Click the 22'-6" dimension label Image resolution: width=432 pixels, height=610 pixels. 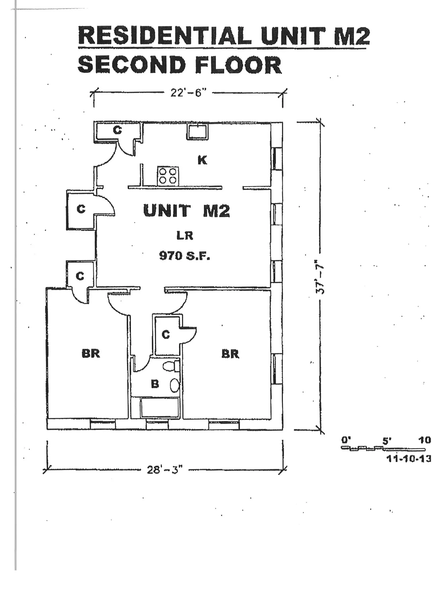click(x=188, y=93)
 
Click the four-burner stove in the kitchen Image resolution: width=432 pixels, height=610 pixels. click(x=167, y=176)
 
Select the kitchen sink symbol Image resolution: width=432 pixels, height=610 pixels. click(x=197, y=132)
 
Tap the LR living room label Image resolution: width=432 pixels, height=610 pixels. click(x=185, y=236)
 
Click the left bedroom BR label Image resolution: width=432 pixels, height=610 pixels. click(x=91, y=354)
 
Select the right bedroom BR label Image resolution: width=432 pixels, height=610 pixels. click(x=230, y=354)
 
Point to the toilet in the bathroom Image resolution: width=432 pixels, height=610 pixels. click(x=171, y=367)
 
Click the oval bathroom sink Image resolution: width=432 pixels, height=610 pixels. click(x=175, y=385)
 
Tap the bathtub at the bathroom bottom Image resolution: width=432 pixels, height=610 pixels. click(x=159, y=407)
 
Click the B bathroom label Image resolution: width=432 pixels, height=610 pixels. click(x=155, y=384)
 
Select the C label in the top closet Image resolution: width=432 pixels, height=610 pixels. click(x=117, y=131)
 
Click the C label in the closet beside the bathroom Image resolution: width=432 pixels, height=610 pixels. click(x=165, y=335)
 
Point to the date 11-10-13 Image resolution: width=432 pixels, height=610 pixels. click(x=408, y=459)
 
